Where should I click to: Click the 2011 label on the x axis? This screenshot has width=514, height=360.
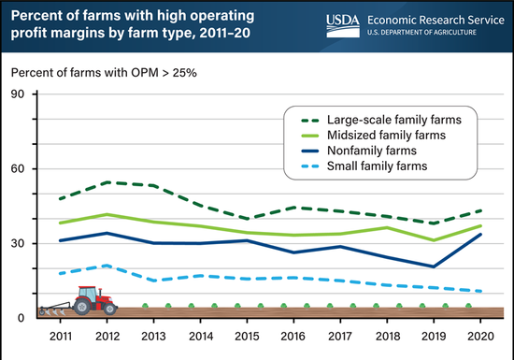(62, 334)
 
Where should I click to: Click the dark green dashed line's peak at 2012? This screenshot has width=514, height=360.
(107, 182)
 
